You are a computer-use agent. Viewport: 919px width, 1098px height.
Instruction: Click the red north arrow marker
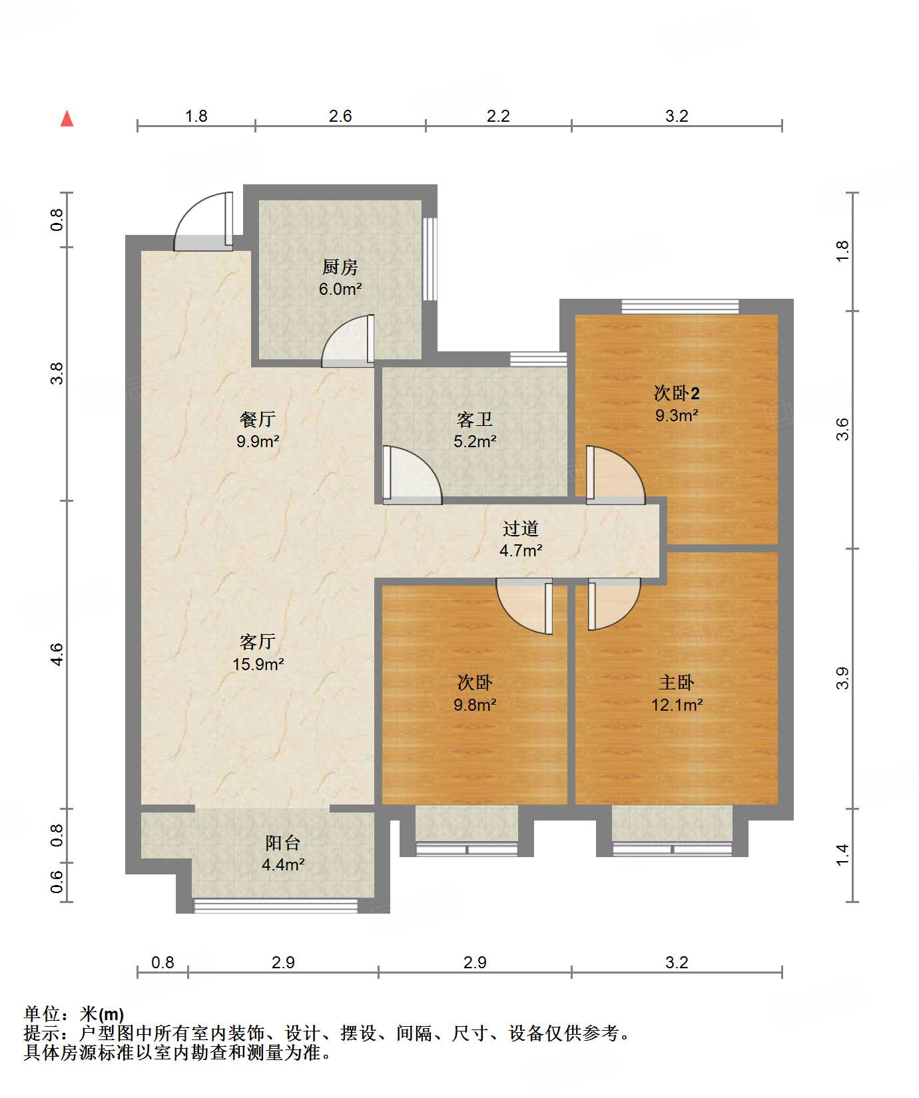pos(67,118)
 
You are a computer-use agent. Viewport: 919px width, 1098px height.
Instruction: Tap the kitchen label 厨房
pos(340,268)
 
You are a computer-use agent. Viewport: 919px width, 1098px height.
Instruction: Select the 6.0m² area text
pos(340,289)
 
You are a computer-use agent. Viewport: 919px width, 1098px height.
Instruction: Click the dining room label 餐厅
pos(257,419)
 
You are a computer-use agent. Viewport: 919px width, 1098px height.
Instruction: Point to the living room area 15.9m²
pos(258,664)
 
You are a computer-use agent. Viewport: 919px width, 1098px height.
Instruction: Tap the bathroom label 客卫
pos(475,419)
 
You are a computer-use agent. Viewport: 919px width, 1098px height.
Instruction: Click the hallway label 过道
pos(520,528)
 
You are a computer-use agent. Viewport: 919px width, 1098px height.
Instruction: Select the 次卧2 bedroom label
pos(677,393)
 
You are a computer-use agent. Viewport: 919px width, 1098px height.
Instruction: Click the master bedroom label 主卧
pos(677,683)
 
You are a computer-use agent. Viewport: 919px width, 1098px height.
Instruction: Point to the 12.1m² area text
pos(677,705)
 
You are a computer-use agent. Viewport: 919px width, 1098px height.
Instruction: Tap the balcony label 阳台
pos(282,843)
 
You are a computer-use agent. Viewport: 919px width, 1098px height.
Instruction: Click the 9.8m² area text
pos(475,705)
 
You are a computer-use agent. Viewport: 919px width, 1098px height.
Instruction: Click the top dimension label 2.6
pos(340,116)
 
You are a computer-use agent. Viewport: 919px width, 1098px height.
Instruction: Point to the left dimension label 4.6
pos(57,654)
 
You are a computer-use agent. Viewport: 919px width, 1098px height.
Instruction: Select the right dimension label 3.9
pos(842,678)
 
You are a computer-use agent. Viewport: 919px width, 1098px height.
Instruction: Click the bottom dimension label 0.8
pos(162,963)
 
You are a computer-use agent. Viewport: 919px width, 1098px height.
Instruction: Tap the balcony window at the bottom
pos(276,905)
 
